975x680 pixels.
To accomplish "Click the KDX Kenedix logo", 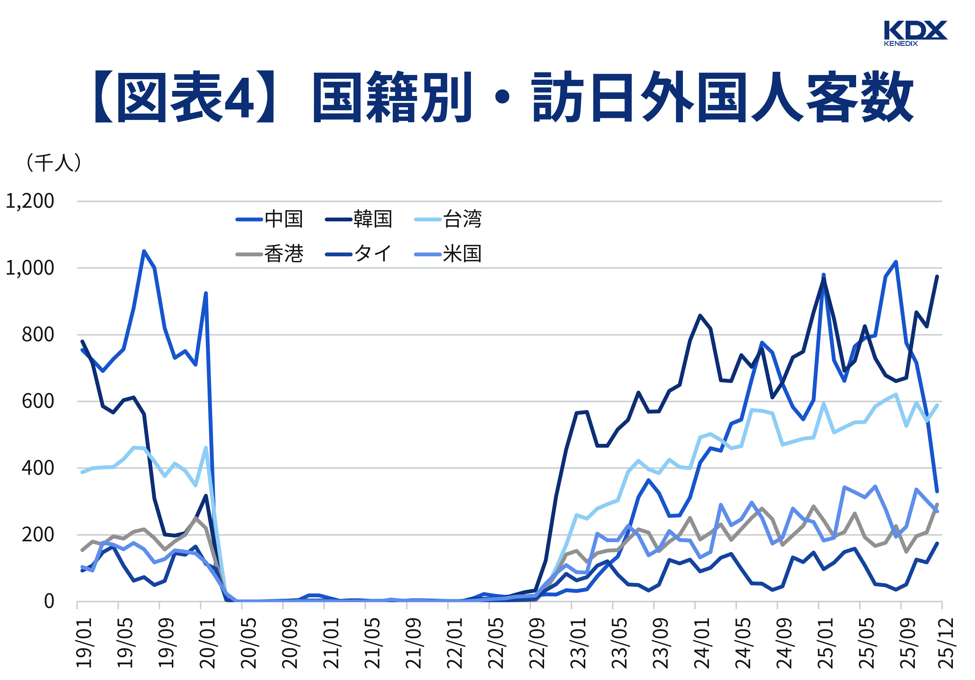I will [x=915, y=33].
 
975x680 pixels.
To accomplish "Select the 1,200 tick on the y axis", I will [x=30, y=201].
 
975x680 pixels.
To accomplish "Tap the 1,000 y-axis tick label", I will [x=30, y=268].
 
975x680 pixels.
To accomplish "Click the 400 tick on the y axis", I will [x=38, y=468].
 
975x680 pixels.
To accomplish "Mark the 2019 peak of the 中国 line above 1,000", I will [x=144, y=251].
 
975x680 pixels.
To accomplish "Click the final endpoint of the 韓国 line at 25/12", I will [x=937, y=277].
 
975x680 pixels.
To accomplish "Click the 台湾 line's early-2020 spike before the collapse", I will [x=206, y=447].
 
